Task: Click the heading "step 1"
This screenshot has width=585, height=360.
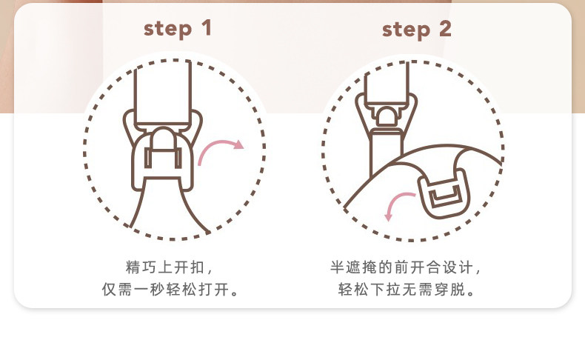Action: [x=177, y=29]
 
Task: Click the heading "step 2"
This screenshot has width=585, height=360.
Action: [x=416, y=30]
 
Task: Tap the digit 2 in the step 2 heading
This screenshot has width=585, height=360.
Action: [x=444, y=30]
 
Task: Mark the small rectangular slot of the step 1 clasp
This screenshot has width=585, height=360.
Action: [x=163, y=158]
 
